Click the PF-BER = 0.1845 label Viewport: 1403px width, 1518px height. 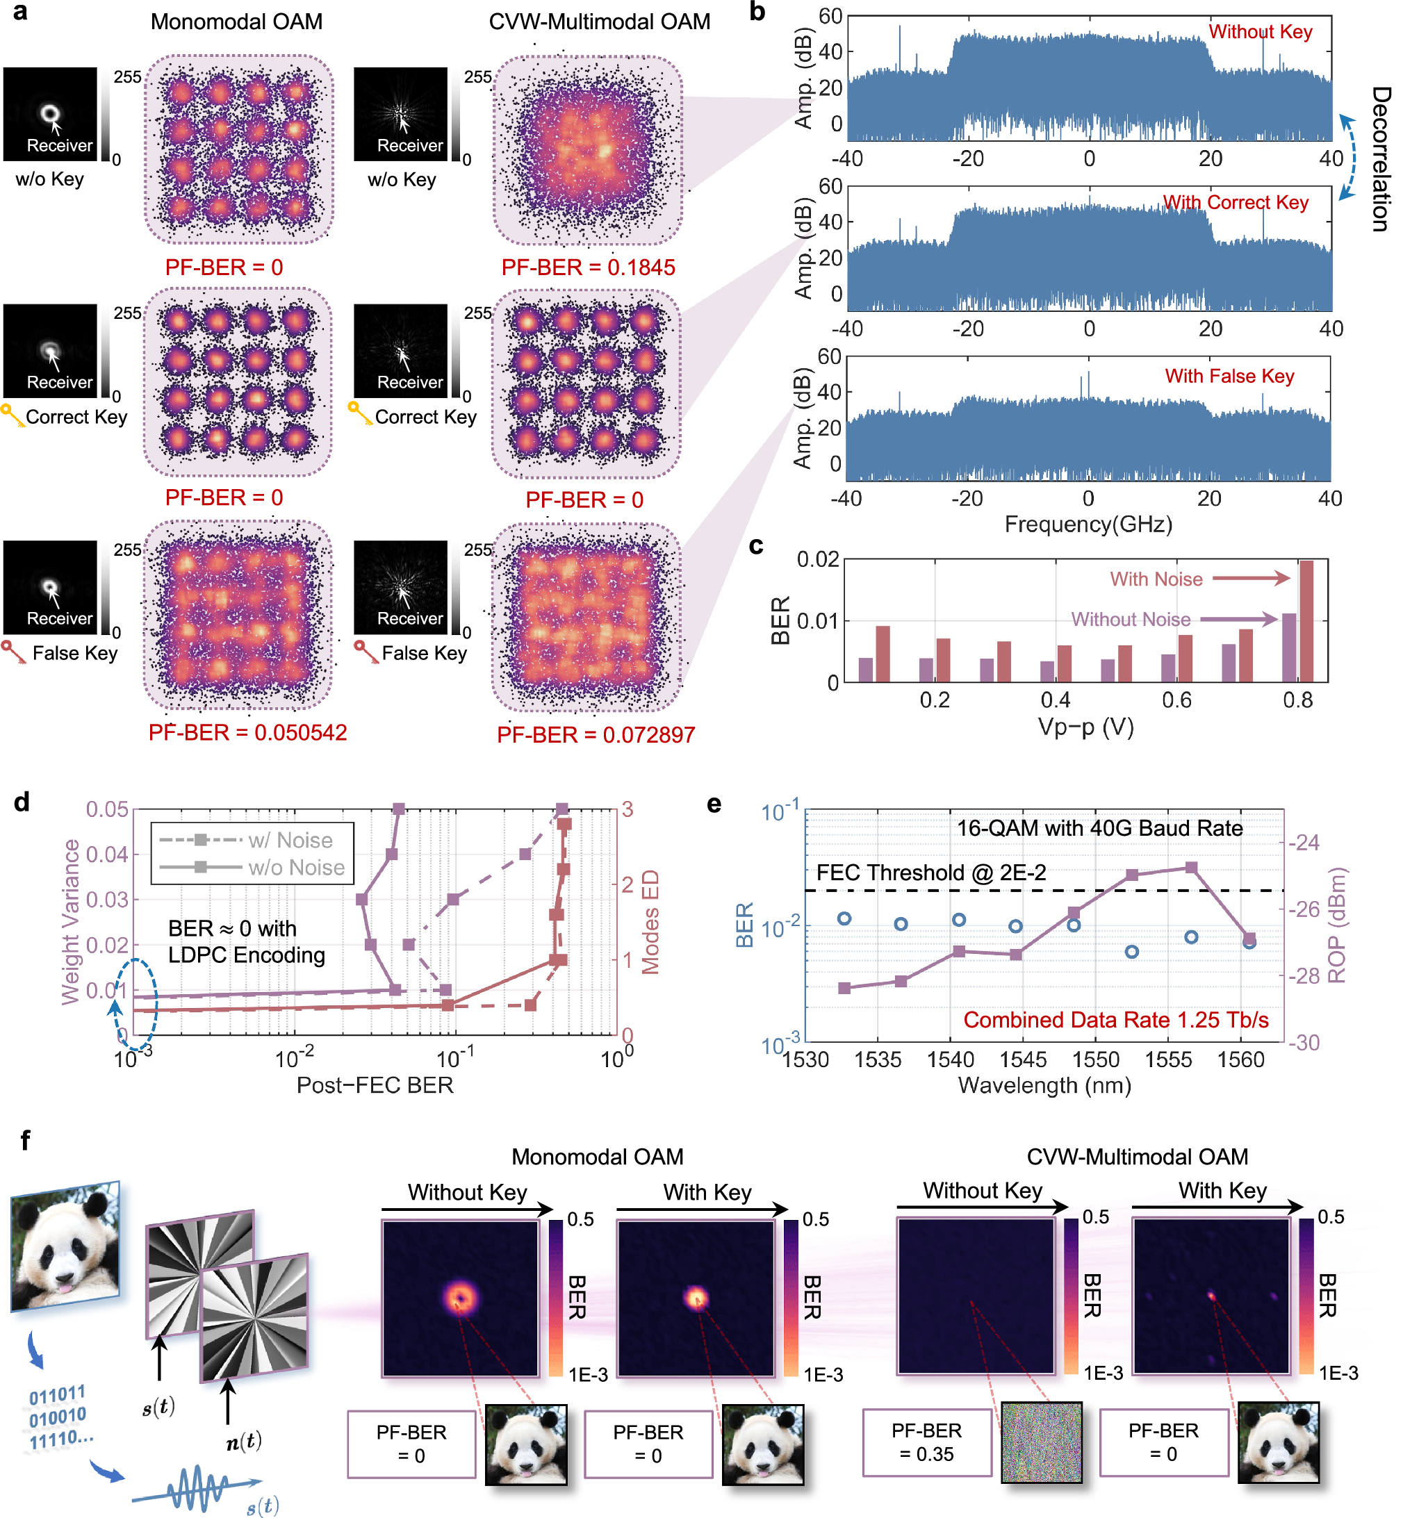[588, 267]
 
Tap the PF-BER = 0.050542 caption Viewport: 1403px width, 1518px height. [247, 732]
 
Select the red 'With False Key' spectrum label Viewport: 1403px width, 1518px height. [1229, 376]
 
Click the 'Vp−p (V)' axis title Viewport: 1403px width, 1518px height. [1085, 727]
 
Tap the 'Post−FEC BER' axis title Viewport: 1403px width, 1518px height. [375, 1085]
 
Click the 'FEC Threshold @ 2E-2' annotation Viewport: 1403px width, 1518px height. [930, 873]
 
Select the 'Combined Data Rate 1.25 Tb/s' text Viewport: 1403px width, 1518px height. [1115, 1020]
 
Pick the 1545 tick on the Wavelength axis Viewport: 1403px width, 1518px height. [1023, 1059]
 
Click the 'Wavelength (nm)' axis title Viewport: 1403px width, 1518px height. [1044, 1085]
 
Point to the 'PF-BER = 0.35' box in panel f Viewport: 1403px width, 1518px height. [926, 1442]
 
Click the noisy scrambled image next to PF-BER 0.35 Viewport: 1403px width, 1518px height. [1041, 1442]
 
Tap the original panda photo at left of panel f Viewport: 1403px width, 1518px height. [65, 1245]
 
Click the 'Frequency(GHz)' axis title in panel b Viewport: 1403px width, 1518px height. [1088, 525]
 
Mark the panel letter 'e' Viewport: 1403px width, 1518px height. [714, 805]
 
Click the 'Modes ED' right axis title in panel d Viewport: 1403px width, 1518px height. [650, 921]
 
